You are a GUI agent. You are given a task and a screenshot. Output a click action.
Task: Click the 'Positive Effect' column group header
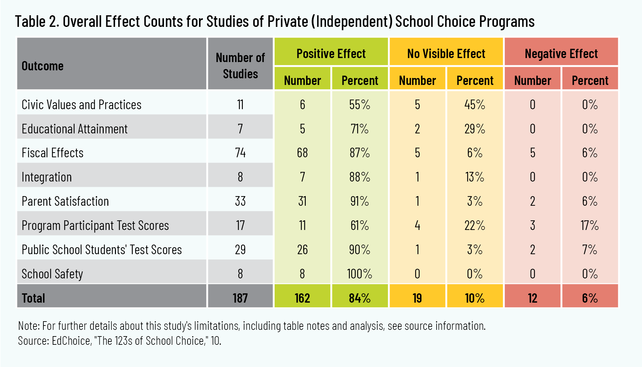(331, 53)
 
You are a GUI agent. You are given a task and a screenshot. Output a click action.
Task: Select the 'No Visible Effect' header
(446, 53)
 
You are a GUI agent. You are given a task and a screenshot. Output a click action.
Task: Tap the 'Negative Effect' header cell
(561, 53)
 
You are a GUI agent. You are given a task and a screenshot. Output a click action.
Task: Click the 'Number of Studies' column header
(240, 65)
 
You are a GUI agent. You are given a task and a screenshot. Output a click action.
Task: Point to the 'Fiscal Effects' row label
(52, 153)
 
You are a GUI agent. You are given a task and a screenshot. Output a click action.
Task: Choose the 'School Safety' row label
(52, 274)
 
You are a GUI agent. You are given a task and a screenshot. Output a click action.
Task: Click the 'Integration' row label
(46, 177)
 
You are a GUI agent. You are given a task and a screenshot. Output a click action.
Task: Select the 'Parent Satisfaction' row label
(65, 201)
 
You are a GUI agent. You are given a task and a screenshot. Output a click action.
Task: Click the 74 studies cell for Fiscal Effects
(240, 153)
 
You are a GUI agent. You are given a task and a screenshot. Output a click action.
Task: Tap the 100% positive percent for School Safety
(359, 274)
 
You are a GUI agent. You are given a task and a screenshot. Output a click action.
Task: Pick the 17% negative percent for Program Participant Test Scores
(590, 226)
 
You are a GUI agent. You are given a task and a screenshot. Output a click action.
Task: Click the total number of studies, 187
(240, 298)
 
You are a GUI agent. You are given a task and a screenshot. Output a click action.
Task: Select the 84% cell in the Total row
(359, 298)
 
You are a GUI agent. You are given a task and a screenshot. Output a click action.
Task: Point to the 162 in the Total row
(302, 298)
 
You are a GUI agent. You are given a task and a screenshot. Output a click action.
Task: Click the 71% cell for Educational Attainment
(359, 129)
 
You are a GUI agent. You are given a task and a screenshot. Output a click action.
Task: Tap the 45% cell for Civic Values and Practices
(474, 105)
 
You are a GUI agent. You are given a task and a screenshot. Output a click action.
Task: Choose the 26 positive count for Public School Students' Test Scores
(302, 250)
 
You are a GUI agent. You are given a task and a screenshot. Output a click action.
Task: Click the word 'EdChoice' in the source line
(71, 341)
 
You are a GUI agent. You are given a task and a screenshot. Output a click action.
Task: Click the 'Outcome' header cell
(42, 66)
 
